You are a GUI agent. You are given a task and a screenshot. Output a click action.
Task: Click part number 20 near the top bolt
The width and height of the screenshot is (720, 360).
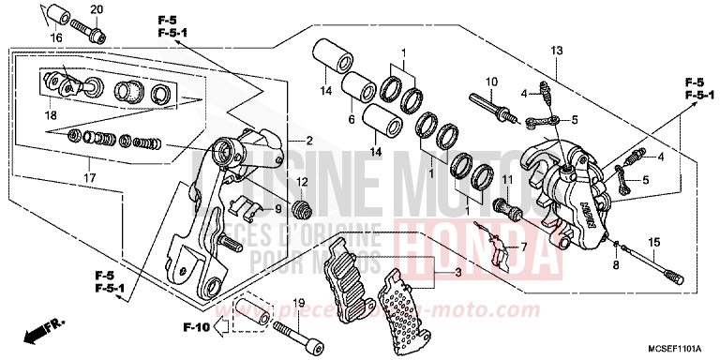tap(96, 10)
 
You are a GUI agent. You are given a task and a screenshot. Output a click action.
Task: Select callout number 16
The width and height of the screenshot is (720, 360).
tap(55, 37)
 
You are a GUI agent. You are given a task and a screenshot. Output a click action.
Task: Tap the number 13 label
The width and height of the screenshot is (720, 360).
tap(556, 50)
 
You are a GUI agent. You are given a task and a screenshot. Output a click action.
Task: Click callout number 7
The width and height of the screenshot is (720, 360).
tap(524, 247)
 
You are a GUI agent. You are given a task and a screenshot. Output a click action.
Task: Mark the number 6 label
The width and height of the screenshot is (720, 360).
tap(352, 120)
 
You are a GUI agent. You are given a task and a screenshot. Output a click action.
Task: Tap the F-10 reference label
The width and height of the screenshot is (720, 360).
tap(196, 328)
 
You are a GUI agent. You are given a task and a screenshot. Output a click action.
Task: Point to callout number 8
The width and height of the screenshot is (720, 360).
tap(615, 266)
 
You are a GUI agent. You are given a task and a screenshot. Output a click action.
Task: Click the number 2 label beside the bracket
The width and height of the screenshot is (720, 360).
tap(307, 142)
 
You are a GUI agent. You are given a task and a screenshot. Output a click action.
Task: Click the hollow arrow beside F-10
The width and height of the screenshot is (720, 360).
tap(221, 328)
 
